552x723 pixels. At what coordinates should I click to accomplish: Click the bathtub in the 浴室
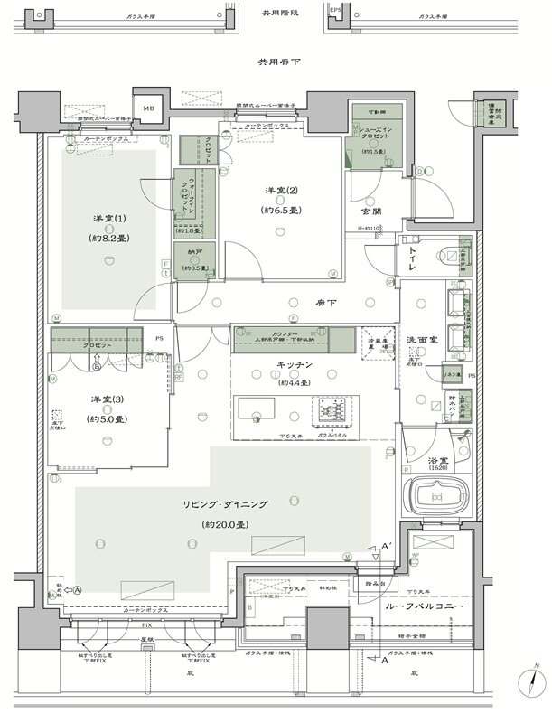[436, 497]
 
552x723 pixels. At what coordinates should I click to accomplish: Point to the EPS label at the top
[335, 10]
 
